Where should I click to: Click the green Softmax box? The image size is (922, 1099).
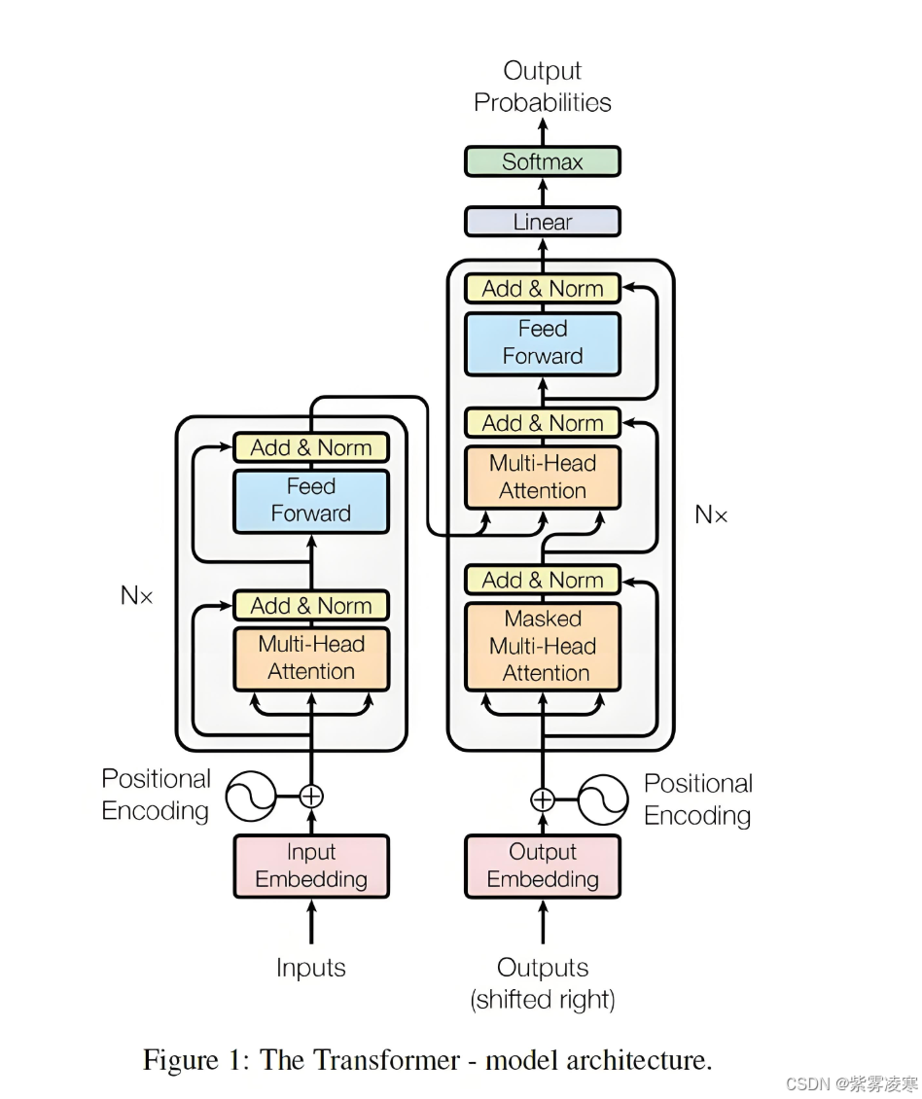[x=542, y=161]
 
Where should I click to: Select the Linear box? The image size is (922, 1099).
[x=542, y=222]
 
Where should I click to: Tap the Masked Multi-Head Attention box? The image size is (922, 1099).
[x=542, y=646]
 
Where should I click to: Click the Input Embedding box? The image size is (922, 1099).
[x=311, y=866]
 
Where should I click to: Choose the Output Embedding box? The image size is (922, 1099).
[x=542, y=866]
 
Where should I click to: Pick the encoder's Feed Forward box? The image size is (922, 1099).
[x=311, y=500]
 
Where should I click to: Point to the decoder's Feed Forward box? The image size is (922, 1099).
[x=542, y=342]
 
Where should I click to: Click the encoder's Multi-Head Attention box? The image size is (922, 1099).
[x=311, y=658]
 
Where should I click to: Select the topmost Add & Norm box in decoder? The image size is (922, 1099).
[x=542, y=289]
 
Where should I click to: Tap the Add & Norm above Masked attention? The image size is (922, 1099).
[x=542, y=581]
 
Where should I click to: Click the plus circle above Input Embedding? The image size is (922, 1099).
[x=311, y=797]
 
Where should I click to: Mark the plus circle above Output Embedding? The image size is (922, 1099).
[x=542, y=800]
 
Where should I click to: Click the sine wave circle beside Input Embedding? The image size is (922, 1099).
[x=251, y=797]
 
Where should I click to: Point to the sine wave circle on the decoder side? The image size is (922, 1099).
[x=602, y=800]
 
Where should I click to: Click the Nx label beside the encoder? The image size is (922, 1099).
[x=137, y=595]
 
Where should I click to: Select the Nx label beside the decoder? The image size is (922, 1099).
[x=711, y=514]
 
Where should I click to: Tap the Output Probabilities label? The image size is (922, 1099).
[x=542, y=87]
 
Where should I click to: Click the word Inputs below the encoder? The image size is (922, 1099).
[x=311, y=968]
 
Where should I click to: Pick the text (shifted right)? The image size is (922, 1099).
[x=542, y=999]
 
